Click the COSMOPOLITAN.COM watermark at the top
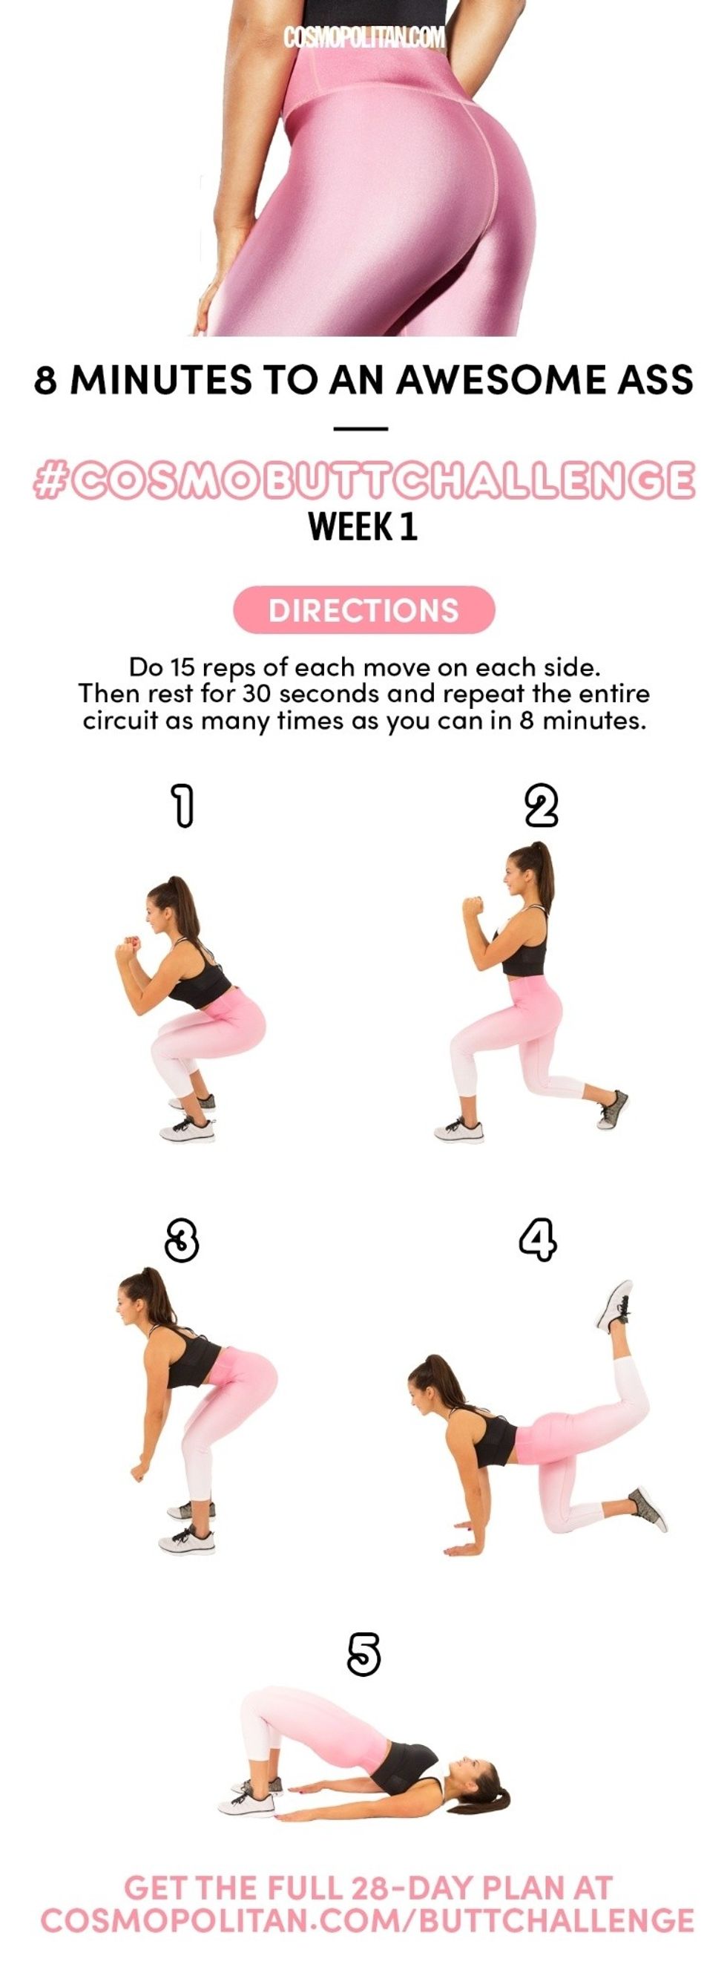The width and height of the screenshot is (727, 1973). click(x=363, y=38)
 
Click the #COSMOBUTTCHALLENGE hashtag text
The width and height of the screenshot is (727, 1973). click(x=364, y=480)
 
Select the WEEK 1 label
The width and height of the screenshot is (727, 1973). click(x=363, y=527)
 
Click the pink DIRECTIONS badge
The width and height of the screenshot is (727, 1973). click(x=364, y=609)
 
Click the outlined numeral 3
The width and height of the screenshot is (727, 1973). click(x=182, y=1240)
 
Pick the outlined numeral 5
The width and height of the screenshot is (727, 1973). click(x=363, y=1654)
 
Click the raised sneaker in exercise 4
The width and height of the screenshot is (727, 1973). click(x=615, y=1305)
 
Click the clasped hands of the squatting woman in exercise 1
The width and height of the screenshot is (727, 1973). click(x=128, y=947)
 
